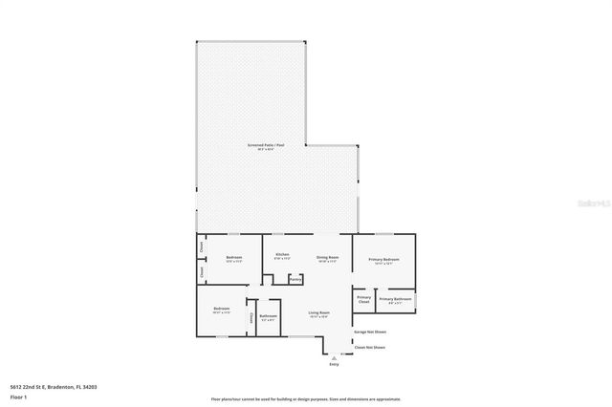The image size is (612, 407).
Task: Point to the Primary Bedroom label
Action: tap(385, 260)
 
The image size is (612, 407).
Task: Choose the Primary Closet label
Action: tap(364, 300)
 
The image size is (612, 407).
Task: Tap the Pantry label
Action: tap(295, 279)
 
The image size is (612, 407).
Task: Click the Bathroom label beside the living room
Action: tap(268, 317)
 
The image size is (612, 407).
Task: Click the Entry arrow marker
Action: tap(334, 357)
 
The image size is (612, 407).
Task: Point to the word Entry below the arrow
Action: tap(334, 365)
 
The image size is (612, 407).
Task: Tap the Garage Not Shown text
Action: tap(369, 332)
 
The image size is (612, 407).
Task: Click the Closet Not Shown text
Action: tap(369, 348)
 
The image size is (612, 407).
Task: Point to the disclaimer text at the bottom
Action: tap(306, 399)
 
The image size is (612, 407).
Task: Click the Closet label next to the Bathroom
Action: tap(251, 317)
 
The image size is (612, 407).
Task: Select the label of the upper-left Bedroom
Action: tap(234, 259)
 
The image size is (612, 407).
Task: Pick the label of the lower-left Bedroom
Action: tap(221, 311)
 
